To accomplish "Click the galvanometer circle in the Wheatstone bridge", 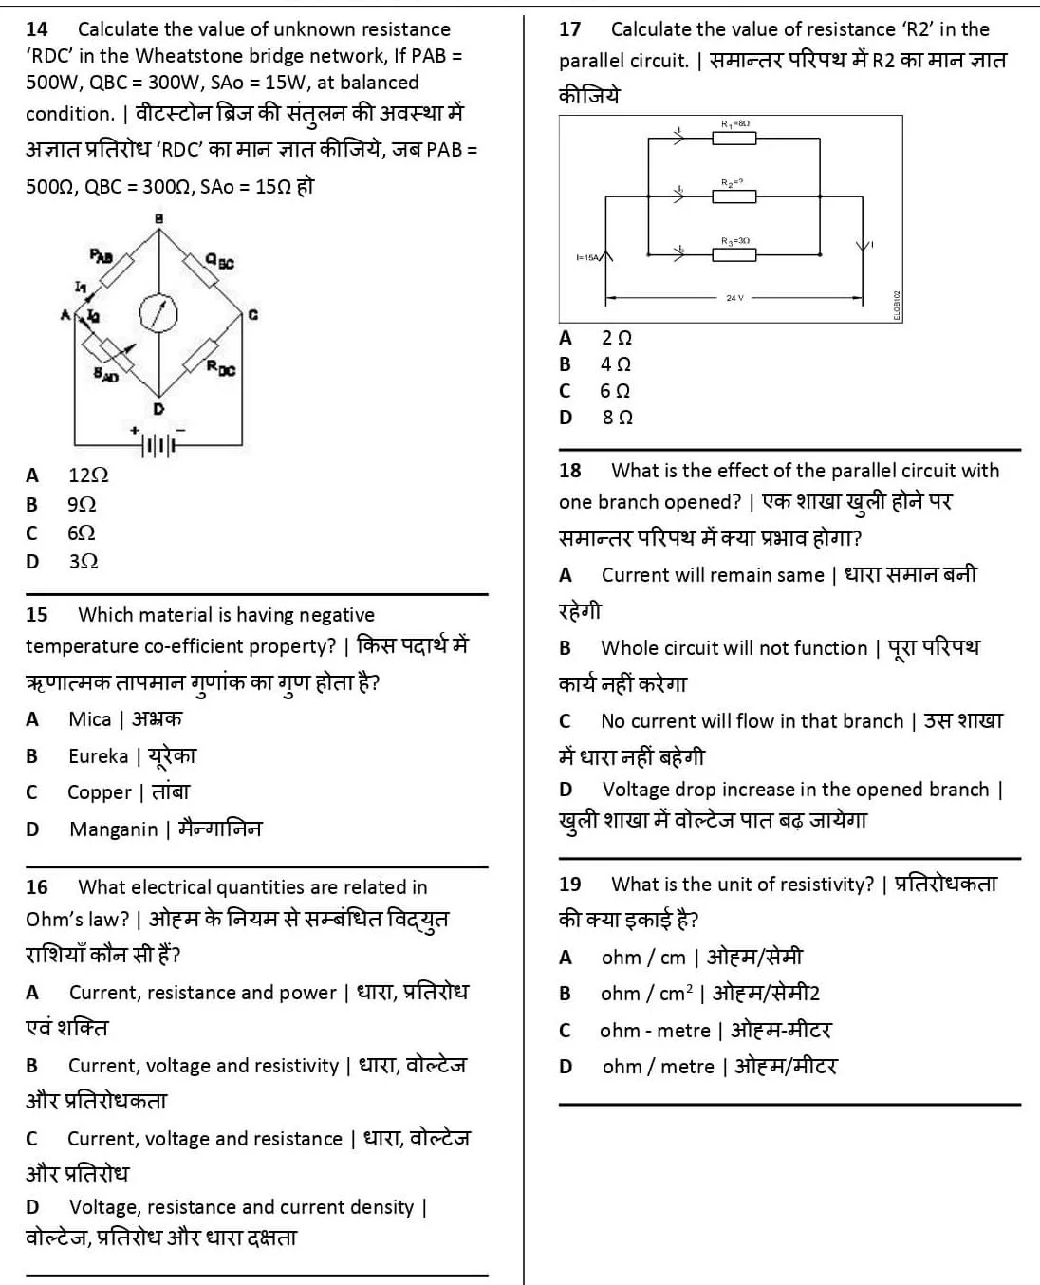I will pyautogui.click(x=158, y=313).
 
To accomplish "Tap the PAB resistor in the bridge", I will pyautogui.click(x=118, y=270).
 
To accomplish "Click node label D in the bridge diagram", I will pyautogui.click(x=158, y=409).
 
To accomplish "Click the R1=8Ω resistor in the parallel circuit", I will pyautogui.click(x=734, y=139).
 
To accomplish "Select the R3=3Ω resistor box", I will pyautogui.click(x=734, y=254).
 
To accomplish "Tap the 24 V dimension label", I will pyautogui.click(x=735, y=298).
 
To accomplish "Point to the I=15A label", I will pyautogui.click(x=588, y=257).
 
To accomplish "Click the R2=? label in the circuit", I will pyautogui.click(x=732, y=181).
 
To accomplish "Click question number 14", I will pyautogui.click(x=37, y=29).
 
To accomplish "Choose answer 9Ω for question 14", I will pyautogui.click(x=82, y=504).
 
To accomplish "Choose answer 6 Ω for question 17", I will pyautogui.click(x=615, y=391).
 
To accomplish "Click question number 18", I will pyautogui.click(x=570, y=471).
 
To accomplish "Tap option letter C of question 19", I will pyautogui.click(x=566, y=1031).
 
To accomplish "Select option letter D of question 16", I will pyautogui.click(x=32, y=1207).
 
